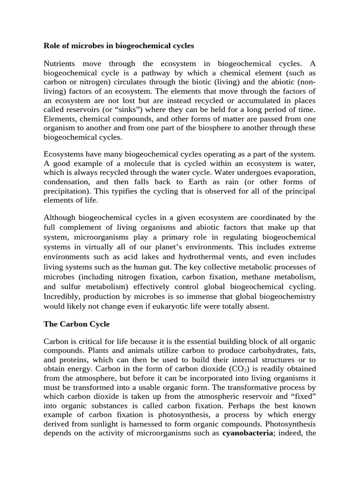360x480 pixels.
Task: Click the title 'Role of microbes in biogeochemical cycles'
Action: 119,46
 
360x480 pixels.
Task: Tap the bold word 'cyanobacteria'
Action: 248,433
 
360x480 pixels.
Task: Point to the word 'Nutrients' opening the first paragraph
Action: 63,63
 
